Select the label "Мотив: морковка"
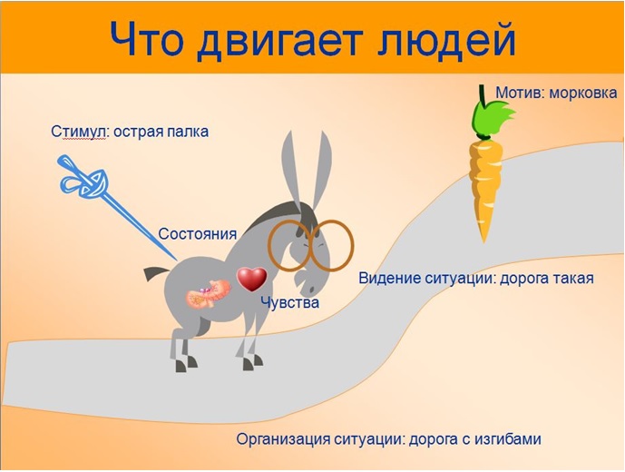[x=556, y=93]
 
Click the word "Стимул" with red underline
[x=78, y=132]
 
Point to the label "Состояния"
[x=198, y=234]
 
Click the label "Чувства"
[x=289, y=303]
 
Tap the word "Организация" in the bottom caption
[x=283, y=439]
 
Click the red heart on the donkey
[x=252, y=279]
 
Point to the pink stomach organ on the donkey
[x=208, y=294]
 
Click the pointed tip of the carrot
[x=483, y=241]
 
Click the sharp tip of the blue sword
[x=177, y=260]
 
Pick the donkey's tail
[x=156, y=273]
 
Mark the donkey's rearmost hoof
[x=181, y=366]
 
